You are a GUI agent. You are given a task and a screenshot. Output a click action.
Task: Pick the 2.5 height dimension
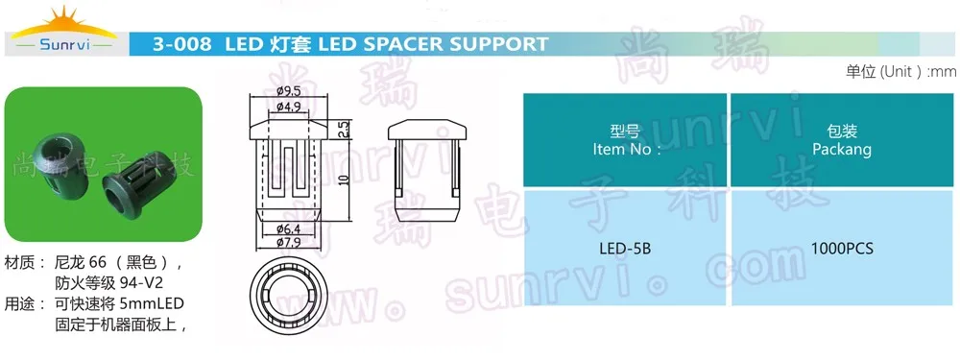tap(341, 126)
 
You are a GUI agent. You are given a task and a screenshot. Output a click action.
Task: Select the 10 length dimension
tap(342, 178)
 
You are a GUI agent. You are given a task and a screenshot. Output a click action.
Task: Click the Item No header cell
tap(624, 140)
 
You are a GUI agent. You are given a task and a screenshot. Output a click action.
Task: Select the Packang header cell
tap(841, 140)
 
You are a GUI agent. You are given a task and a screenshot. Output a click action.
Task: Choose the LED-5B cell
tap(624, 249)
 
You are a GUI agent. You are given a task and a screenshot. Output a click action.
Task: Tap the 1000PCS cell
tap(841, 249)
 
